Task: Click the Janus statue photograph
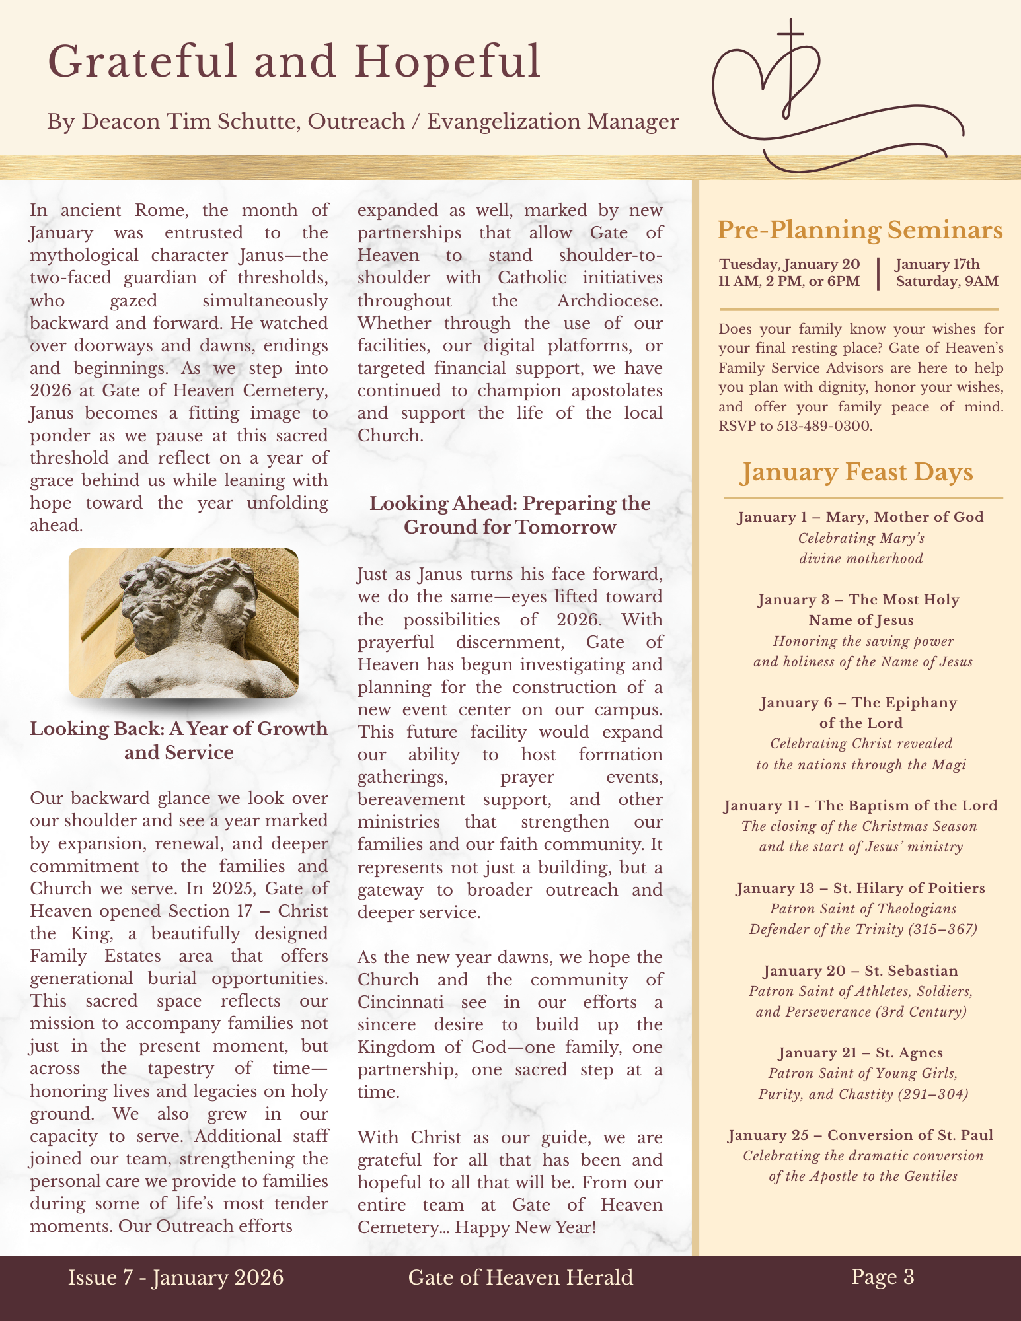click(x=184, y=623)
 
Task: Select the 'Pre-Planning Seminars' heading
click(x=860, y=230)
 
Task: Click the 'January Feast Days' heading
click(x=857, y=473)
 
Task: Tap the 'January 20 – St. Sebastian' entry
click(x=860, y=971)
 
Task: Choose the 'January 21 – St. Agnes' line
click(x=860, y=1053)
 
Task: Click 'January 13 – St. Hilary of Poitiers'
click(x=860, y=888)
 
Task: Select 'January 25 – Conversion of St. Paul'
click(x=860, y=1135)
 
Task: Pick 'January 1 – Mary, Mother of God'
click(x=860, y=517)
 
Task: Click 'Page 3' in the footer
click(x=882, y=1277)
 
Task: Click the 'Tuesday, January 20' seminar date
click(x=790, y=264)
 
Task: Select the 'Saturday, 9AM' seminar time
click(x=947, y=282)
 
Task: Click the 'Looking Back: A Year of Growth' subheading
click(x=179, y=729)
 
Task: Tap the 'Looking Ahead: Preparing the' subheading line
click(x=510, y=503)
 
